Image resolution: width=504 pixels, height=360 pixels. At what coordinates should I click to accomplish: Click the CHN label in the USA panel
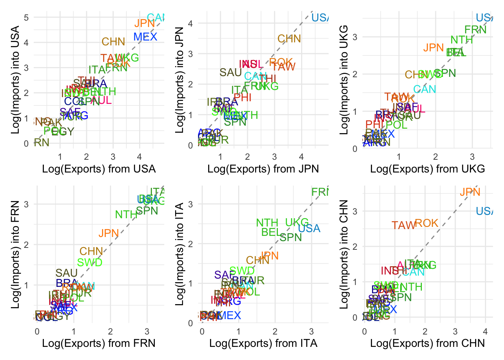113,42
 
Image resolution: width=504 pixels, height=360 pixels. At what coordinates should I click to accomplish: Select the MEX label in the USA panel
145,37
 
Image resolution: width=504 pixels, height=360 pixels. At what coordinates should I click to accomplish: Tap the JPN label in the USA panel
144,23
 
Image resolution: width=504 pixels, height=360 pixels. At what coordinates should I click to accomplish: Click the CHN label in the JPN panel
289,39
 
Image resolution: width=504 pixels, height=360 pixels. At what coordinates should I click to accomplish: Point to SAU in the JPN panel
230,72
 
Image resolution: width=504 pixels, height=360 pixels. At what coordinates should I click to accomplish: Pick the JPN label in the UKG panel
433,48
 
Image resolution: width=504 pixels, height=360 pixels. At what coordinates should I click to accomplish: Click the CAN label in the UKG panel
424,89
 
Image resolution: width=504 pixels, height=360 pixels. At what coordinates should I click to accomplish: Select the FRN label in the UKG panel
475,30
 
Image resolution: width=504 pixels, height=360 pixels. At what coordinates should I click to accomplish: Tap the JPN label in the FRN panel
108,233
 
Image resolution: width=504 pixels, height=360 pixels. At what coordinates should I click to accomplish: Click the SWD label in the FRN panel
90,262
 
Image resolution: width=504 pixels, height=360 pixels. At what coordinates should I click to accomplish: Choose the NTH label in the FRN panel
126,214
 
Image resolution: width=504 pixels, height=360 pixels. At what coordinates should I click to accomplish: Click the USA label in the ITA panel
309,228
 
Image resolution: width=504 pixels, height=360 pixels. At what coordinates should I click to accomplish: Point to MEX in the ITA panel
229,315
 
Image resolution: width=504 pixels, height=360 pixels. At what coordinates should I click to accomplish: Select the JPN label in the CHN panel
470,192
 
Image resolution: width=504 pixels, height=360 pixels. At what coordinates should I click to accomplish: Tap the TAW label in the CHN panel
403,225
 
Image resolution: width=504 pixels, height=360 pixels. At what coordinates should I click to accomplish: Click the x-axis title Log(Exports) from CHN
427,343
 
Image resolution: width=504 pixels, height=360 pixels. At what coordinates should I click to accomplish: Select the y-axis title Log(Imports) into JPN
180,80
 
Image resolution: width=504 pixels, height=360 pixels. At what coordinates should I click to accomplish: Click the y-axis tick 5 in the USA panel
26,17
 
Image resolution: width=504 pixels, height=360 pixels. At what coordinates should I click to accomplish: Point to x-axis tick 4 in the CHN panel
485,331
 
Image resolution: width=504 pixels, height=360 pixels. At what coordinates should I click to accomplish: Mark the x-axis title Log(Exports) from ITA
263,343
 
